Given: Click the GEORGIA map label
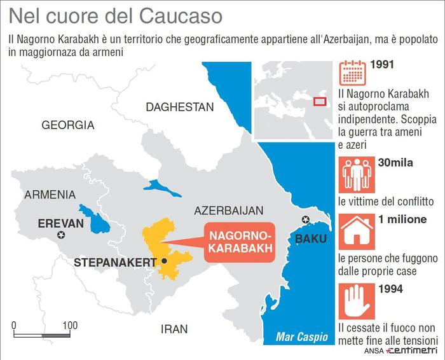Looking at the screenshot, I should coord(67,125).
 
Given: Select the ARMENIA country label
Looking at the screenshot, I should coord(50,195).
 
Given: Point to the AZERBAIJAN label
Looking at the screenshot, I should coord(229,211).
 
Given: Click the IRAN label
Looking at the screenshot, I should coord(174,329).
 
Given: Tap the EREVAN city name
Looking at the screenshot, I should coord(60,223).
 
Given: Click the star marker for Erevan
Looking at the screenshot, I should coord(62,235).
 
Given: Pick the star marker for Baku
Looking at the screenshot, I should coord(306,220).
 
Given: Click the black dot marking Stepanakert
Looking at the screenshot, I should coord(165,261).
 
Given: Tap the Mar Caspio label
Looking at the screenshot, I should coord(302,337).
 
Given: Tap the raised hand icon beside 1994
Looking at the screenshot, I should coord(352,300).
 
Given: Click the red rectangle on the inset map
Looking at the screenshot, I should coord(320,100).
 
